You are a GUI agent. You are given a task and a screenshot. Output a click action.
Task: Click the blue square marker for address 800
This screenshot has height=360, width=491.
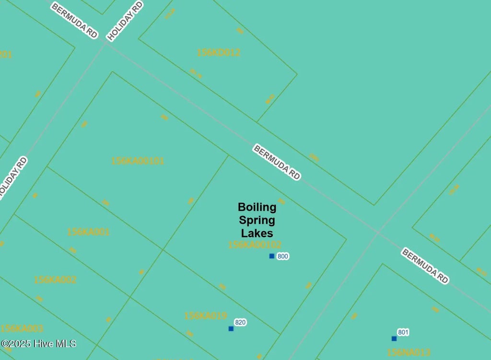272,256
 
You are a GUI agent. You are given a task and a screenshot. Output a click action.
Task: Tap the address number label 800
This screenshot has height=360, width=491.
283,256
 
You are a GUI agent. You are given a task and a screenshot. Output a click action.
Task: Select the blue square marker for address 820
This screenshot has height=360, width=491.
231,328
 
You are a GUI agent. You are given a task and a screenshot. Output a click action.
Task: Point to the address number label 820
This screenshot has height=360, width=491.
240,322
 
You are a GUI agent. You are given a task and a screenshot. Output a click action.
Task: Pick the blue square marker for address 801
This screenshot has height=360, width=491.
394,338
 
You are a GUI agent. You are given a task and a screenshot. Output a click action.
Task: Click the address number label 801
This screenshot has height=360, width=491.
403,332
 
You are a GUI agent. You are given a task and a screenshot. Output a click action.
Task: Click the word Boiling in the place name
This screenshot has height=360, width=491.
257,207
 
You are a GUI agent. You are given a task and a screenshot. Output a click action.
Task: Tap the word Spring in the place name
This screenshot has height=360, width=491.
257,221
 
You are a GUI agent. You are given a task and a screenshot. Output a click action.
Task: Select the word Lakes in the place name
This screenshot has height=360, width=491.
257,233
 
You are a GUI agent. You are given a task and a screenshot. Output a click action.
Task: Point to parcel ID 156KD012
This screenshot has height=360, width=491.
219,53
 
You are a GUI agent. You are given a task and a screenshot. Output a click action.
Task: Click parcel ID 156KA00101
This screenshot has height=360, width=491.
138,161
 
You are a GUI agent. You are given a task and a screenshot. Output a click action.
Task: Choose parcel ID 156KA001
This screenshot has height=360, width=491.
88,232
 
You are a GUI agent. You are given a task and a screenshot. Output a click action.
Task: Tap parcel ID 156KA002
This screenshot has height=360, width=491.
55,279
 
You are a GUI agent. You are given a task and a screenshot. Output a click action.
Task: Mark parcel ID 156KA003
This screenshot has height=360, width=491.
22,328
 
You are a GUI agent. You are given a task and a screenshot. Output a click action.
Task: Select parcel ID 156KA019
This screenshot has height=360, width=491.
205,316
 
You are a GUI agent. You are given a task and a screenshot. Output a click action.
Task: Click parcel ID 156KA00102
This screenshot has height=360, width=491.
255,245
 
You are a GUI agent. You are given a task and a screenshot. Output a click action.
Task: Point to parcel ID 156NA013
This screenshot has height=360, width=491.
409,353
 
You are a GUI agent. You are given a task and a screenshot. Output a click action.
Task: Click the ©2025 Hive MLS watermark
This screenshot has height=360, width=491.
38,344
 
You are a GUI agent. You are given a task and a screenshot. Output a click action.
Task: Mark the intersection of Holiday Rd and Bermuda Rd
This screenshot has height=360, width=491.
106,43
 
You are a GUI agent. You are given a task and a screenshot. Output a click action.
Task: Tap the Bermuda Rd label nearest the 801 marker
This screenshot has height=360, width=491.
425,266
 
